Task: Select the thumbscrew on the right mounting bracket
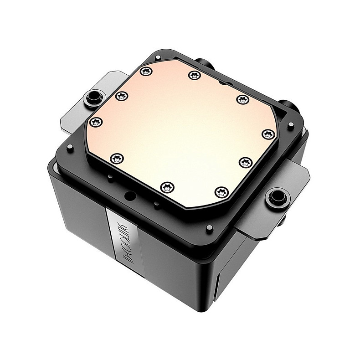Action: pos(276,197)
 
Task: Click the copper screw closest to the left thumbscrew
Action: pos(121,96)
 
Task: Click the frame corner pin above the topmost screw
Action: pos(157,58)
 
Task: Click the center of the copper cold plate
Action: pos(182,132)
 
